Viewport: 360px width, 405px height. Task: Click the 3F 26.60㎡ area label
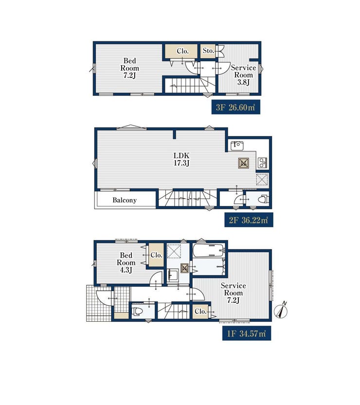[235, 107]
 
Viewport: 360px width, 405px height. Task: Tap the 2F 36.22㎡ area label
[249, 220]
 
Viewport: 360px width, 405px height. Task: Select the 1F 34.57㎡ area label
[247, 333]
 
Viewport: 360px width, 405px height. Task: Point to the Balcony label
[125, 200]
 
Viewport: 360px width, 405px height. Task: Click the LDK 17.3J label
[181, 159]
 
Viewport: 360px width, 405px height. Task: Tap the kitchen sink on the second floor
[237, 146]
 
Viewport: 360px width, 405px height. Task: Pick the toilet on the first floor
[137, 311]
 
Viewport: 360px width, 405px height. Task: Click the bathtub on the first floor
[209, 250]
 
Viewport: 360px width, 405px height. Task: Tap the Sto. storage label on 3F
[208, 51]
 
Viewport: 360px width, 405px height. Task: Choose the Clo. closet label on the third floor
[183, 51]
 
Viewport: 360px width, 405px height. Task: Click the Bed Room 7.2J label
[129, 68]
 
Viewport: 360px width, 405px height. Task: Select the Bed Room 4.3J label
[126, 263]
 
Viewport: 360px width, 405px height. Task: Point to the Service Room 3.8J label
[243, 75]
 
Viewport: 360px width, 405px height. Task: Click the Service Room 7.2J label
[234, 293]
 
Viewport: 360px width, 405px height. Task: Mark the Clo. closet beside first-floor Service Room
[201, 311]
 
